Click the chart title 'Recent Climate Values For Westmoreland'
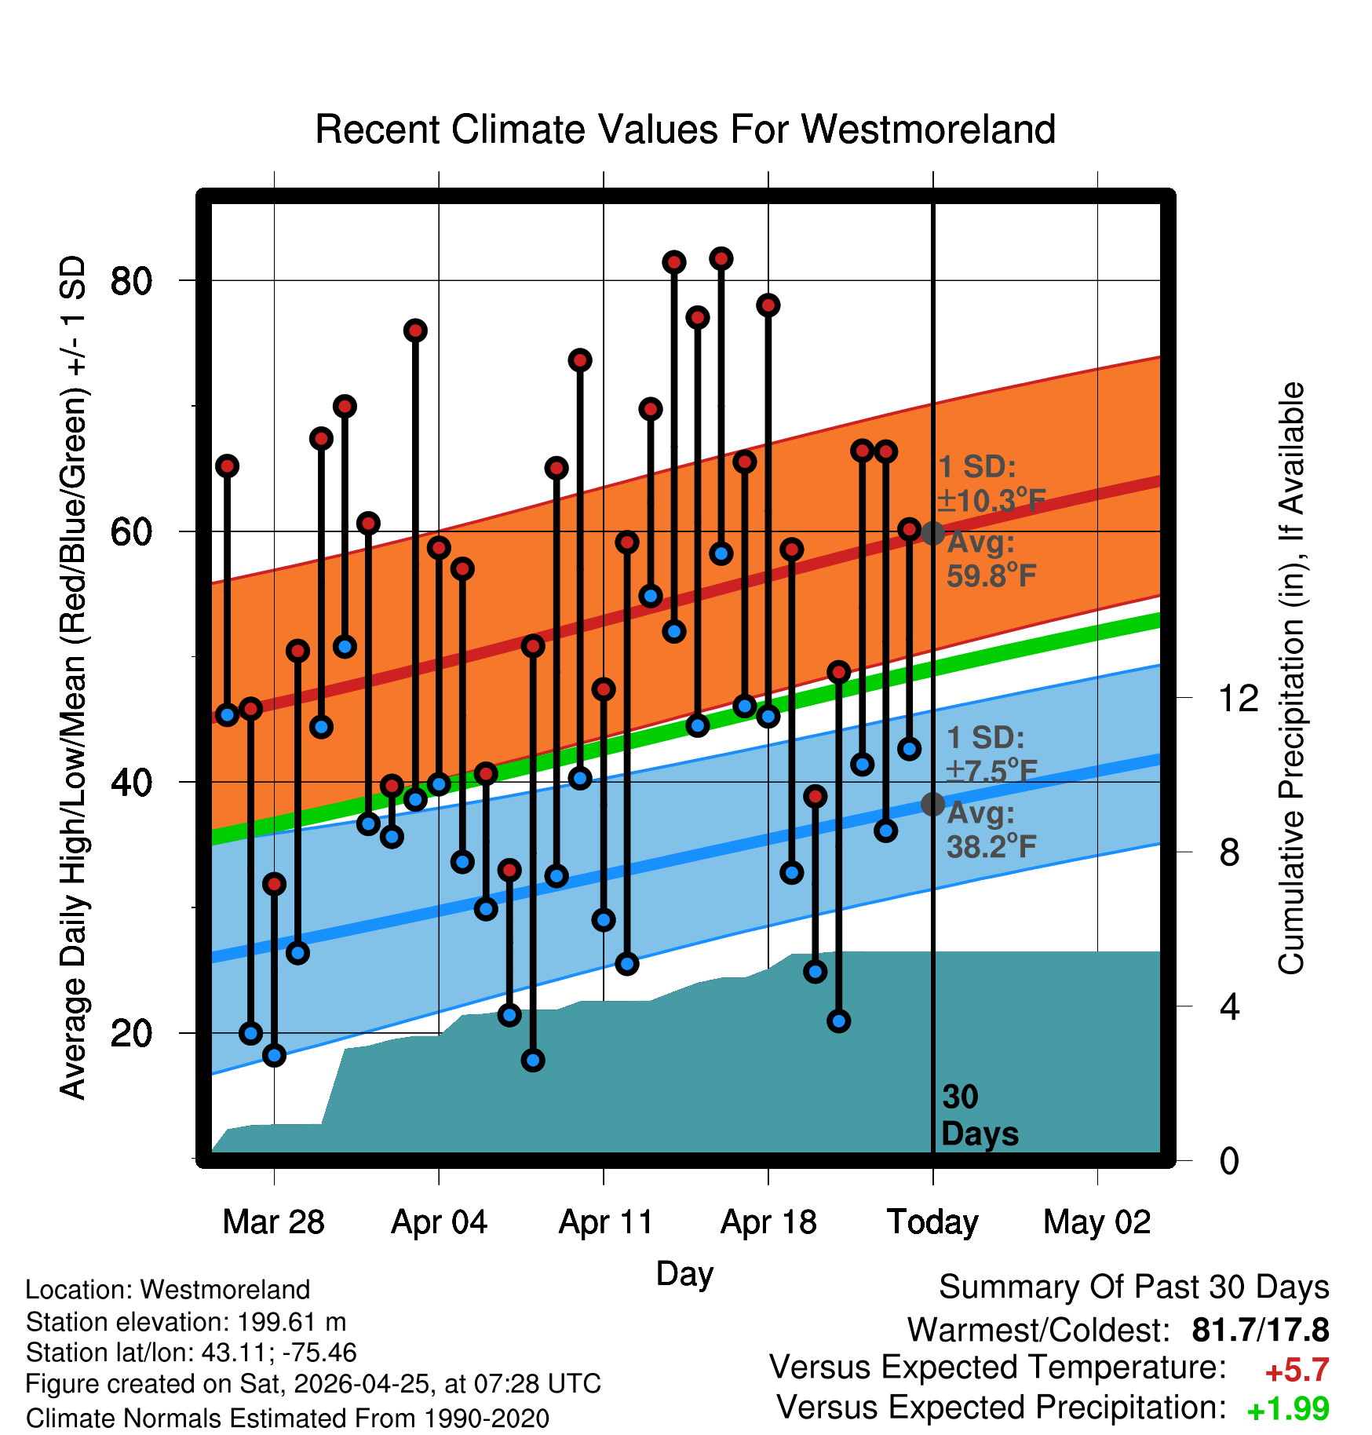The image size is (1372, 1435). click(685, 130)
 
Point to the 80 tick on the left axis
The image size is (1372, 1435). click(131, 281)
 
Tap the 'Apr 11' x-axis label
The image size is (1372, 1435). click(605, 1222)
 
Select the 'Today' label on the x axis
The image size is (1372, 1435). click(932, 1222)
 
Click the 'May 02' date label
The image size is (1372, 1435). click(1097, 1222)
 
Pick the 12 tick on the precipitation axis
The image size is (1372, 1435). click(1239, 698)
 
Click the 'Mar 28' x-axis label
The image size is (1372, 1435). click(274, 1222)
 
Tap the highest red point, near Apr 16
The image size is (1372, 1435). click(721, 258)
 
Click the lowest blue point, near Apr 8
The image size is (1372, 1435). click(533, 1061)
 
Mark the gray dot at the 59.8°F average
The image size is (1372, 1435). click(932, 533)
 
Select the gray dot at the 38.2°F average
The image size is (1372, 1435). click(932, 804)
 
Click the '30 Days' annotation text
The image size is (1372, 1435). click(980, 1116)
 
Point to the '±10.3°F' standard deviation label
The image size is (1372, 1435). click(991, 500)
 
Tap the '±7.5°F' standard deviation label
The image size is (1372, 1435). click(991, 771)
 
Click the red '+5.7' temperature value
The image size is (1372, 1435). click(1297, 1371)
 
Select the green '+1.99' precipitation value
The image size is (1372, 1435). click(1288, 1409)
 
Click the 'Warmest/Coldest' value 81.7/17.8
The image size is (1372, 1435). click(1261, 1330)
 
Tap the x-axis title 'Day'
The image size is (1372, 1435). click(684, 1274)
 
